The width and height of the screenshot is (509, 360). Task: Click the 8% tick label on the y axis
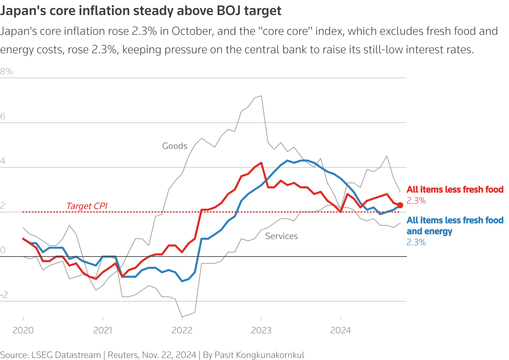6,72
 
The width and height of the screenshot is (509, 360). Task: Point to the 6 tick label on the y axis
3,116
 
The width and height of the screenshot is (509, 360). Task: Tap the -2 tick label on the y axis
4,295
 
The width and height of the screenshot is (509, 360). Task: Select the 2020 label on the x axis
23,330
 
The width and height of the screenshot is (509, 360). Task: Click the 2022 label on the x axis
182,330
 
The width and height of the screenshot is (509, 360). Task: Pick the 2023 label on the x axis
261,330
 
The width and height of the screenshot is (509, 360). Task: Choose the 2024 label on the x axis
341,330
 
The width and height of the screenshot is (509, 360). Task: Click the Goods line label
175,146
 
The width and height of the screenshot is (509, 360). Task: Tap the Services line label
281,236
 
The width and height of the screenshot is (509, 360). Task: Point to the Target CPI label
87,206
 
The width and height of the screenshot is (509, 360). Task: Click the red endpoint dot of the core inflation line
400,205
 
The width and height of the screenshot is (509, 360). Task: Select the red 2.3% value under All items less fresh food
416,201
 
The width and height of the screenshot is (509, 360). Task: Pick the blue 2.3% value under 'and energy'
416,243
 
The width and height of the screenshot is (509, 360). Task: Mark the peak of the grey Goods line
261,96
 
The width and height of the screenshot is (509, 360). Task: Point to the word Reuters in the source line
122,355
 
